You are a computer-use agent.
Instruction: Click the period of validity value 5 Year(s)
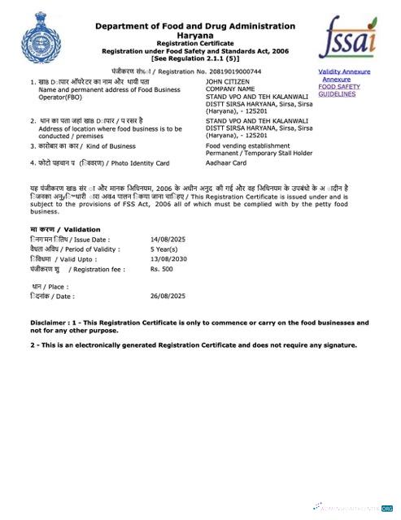[x=165, y=249]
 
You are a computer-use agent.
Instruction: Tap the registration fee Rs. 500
[x=162, y=266]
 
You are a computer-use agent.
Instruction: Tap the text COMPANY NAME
[x=229, y=89]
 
